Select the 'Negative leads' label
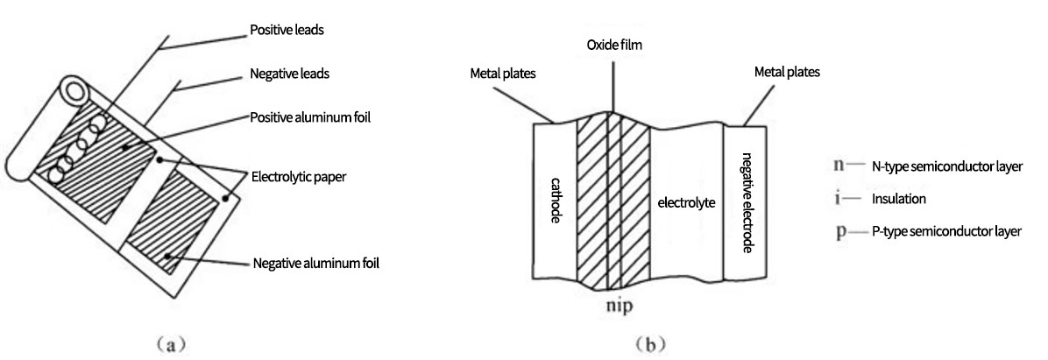pos(290,74)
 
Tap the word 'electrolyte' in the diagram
pos(686,202)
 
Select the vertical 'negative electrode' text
pos(746,201)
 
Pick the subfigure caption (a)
pos(166,342)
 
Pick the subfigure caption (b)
pos(647,342)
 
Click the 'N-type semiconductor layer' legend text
pos(946,166)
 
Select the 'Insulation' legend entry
pos(899,199)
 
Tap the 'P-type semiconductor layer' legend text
pos(946,232)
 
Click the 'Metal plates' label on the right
pos(787,73)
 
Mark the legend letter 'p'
pos(840,232)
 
